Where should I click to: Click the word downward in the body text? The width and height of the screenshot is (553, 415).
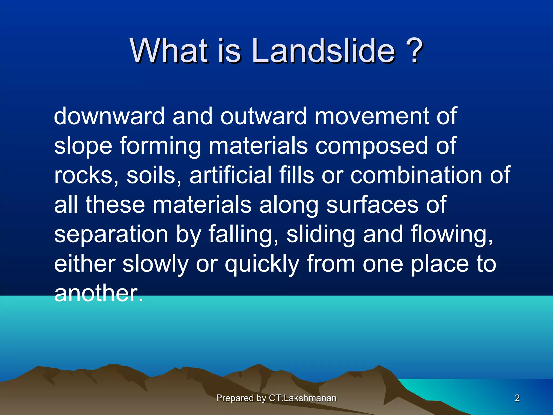(109, 116)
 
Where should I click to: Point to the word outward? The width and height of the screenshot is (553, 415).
(263, 116)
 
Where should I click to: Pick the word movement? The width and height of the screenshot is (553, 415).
(371, 116)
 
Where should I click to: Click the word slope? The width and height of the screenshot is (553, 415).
(83, 146)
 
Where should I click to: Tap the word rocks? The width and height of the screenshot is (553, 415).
(86, 176)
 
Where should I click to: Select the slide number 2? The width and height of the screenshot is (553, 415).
(517, 398)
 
